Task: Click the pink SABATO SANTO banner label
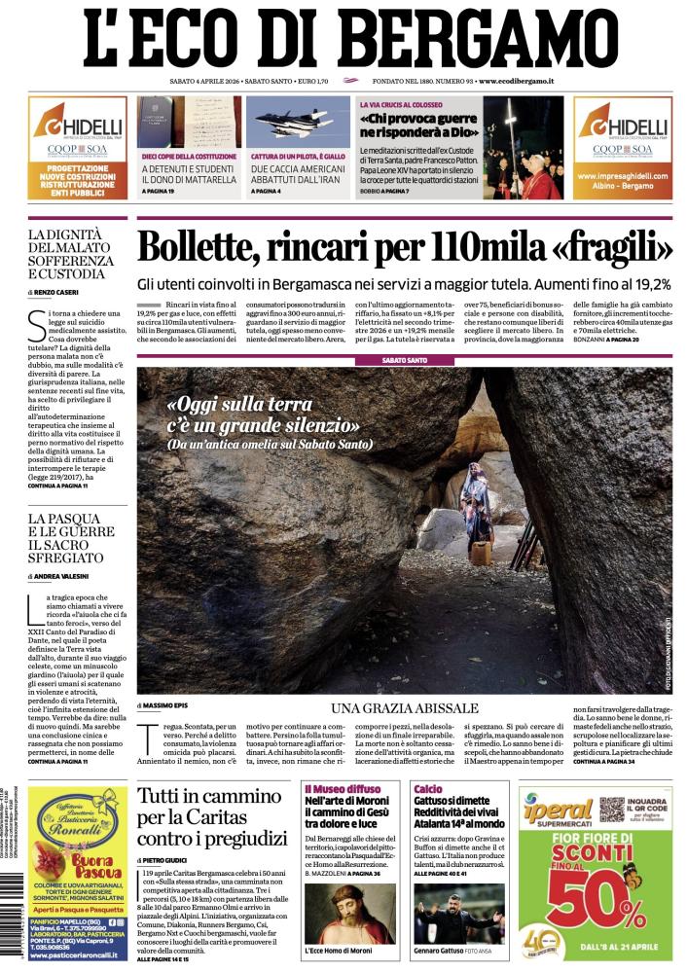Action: point(404,360)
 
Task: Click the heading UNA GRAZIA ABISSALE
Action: point(404,707)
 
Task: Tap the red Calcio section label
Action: point(427,789)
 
